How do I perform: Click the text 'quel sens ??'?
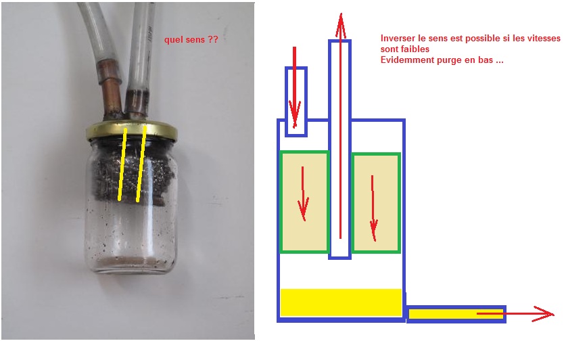coord(191,41)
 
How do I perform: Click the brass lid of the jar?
coord(132,131)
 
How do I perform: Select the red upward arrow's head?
coord(340,20)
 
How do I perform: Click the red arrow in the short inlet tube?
coord(295,88)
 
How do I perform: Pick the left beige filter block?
coord(304,202)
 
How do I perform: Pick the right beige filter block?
coord(376,202)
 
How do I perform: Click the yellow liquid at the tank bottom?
coord(341,302)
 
